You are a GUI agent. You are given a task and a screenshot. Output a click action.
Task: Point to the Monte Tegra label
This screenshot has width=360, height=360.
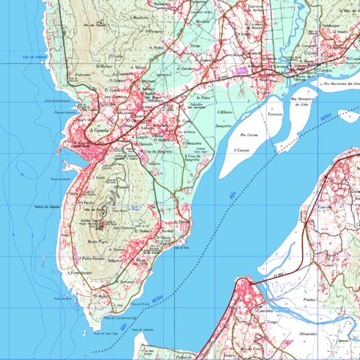(x=94, y=242)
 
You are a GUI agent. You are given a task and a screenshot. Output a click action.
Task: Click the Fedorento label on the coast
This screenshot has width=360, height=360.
(x=82, y=75)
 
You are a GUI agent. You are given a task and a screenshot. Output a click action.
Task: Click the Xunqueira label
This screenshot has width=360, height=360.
(x=223, y=126)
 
